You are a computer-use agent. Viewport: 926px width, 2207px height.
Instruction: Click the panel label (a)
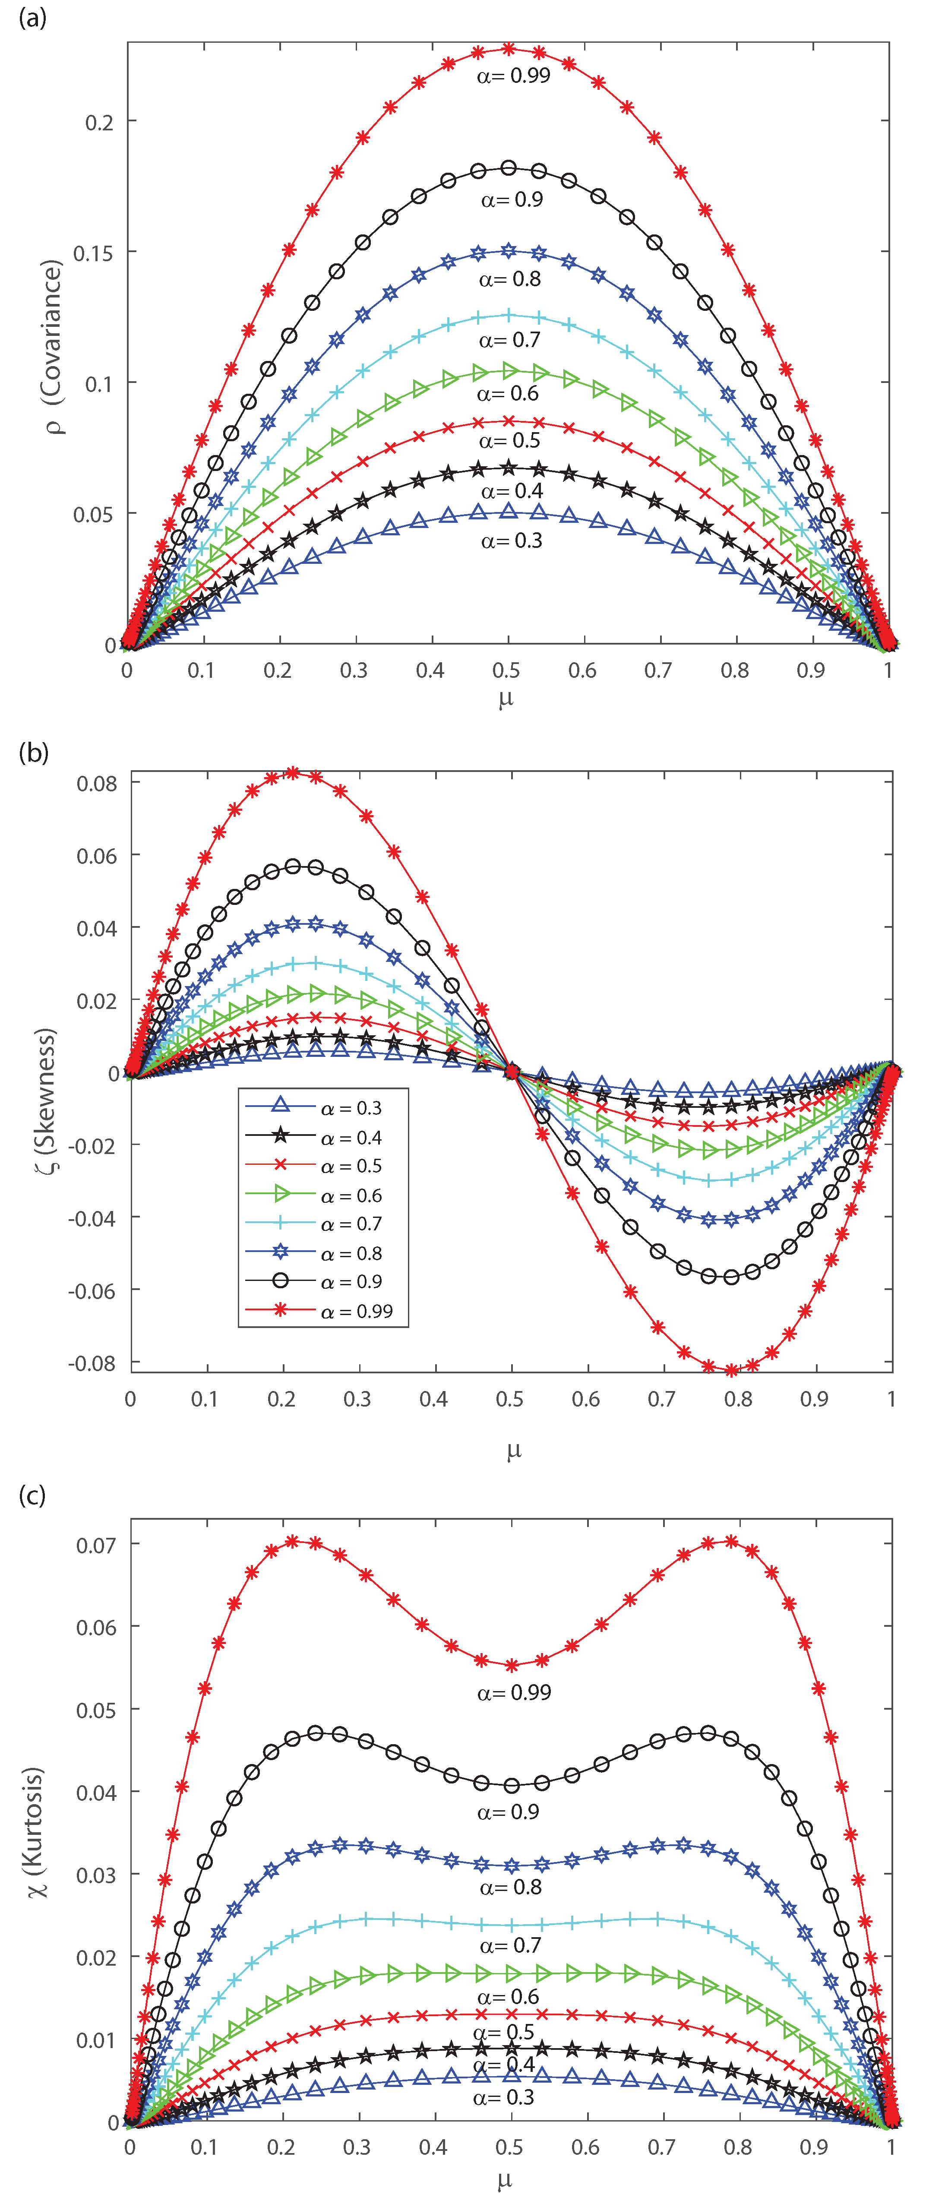click(x=32, y=17)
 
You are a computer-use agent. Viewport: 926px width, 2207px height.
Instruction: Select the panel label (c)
click(x=32, y=1495)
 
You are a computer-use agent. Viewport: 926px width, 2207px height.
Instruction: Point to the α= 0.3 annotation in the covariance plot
click(x=512, y=541)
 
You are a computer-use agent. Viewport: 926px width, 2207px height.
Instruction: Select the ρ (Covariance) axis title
click(x=53, y=347)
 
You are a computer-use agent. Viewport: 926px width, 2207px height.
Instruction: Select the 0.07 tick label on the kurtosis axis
click(x=96, y=1545)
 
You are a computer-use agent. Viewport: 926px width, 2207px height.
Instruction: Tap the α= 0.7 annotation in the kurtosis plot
click(x=511, y=1946)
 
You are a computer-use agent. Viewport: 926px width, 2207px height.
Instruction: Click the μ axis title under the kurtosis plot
click(x=505, y=2179)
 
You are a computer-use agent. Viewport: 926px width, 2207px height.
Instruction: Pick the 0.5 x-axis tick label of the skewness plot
click(x=510, y=1399)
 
